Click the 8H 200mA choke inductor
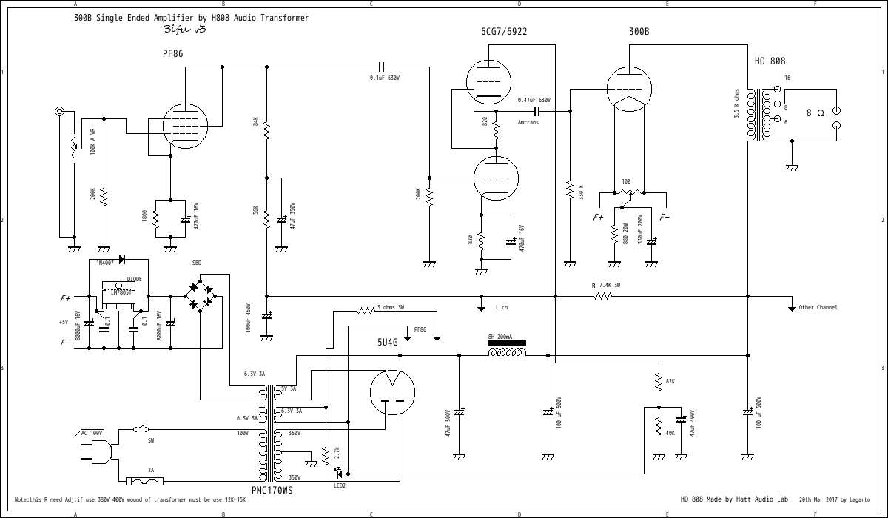507,351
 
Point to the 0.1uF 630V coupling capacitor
382,67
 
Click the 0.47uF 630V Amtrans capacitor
538,111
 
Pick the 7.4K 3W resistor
603,296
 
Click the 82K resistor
657,381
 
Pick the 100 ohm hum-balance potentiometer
628,194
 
